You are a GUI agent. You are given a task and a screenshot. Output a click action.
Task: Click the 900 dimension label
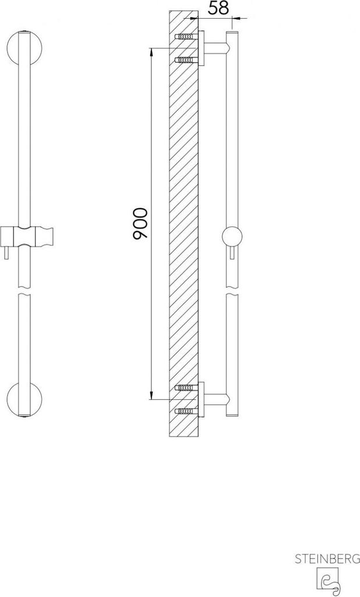[140, 223]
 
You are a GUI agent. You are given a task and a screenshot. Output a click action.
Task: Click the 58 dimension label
[219, 8]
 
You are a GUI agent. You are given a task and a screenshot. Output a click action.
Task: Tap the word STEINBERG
[327, 559]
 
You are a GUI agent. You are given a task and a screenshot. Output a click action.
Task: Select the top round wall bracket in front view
[24, 48]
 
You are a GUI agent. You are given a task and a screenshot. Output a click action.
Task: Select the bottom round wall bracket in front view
[24, 400]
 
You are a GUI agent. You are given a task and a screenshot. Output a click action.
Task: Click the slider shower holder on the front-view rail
[26, 236]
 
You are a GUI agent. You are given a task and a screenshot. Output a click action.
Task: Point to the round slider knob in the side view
[232, 237]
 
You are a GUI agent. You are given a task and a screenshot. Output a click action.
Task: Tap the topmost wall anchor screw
[186, 37]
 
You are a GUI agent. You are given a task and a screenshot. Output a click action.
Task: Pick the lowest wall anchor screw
[186, 411]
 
